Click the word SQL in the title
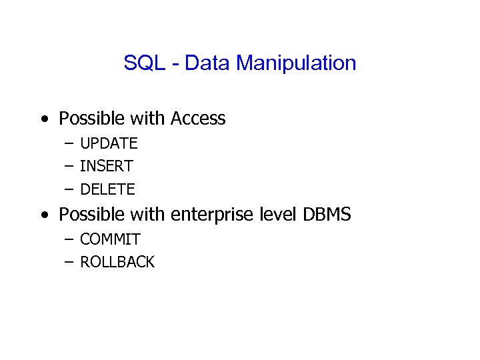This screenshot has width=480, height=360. coord(140,63)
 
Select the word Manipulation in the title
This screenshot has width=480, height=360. coord(296,64)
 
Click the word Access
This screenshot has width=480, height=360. coord(198,119)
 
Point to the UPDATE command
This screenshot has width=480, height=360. coord(109,143)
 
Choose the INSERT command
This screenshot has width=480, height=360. coord(107,166)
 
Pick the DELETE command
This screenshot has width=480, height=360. coord(107,189)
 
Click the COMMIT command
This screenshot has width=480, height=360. coord(110,239)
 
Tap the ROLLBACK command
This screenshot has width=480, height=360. coord(117,262)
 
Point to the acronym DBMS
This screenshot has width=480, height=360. coord(327,215)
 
